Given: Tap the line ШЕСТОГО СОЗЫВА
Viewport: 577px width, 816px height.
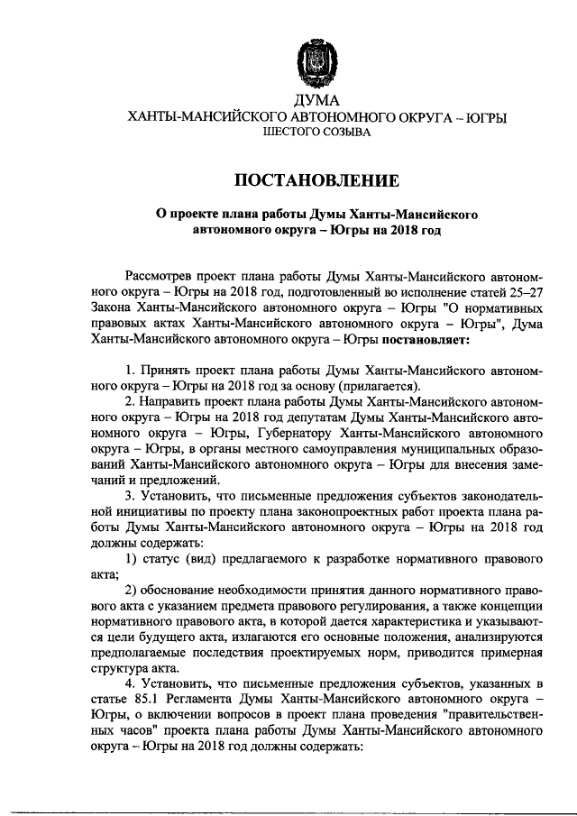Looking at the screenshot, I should (316, 134).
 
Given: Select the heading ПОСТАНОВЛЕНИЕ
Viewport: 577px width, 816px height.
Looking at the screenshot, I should (316, 179).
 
